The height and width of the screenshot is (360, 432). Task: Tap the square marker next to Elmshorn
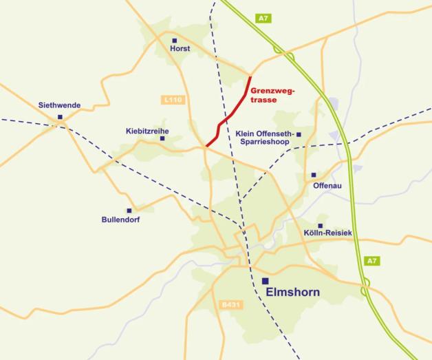pos(266,281)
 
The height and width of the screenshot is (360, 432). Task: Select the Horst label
pos(180,50)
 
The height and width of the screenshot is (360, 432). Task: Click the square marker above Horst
pos(174,41)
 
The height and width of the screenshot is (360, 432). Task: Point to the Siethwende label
pos(60,105)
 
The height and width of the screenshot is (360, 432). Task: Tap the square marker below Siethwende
pos(61,117)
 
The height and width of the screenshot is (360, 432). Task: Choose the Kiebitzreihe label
pos(147,131)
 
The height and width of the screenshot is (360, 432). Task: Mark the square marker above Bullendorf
pos(129,211)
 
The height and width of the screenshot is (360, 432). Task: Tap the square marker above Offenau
pos(314,176)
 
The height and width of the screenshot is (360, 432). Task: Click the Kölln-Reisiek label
pos(327,234)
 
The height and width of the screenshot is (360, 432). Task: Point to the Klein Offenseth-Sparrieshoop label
pos(264,138)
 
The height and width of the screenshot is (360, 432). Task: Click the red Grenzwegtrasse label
pos(272,95)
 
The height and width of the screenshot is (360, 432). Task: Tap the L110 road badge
pos(174,100)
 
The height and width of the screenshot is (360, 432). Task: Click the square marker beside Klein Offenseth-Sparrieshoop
pos(299,134)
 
